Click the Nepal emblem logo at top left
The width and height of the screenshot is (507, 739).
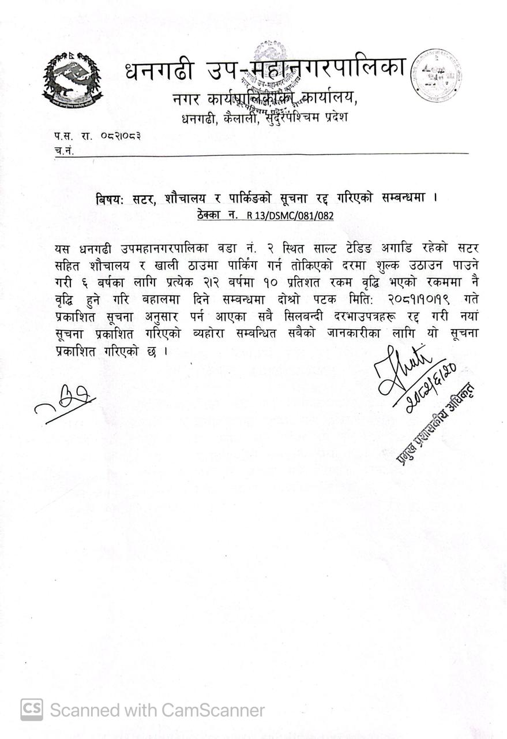[72, 80]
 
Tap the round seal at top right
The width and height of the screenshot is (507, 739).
[436, 76]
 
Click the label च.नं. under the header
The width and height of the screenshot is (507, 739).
[63, 150]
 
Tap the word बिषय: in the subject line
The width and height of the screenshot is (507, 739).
[111, 198]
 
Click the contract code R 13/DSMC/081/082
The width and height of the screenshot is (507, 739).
[290, 215]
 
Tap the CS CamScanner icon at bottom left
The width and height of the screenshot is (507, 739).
[32, 710]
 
